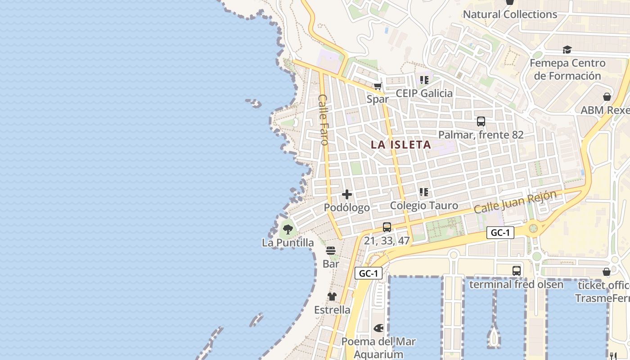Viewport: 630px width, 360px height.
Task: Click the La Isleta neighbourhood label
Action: click(x=400, y=144)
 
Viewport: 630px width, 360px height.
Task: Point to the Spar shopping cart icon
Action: click(x=378, y=86)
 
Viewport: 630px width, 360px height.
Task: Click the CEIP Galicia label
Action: click(x=424, y=93)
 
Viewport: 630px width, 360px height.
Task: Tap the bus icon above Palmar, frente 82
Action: click(x=481, y=121)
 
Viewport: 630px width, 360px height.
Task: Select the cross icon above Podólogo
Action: click(x=347, y=194)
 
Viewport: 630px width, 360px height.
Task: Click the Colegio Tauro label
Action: click(x=424, y=206)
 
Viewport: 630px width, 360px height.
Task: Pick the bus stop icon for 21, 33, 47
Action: click(x=387, y=227)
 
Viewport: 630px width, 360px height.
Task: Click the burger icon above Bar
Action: click(x=331, y=251)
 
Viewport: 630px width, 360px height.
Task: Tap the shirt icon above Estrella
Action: click(x=332, y=296)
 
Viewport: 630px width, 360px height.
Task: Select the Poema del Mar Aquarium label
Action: click(x=378, y=347)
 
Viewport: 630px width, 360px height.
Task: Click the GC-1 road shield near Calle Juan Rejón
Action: click(x=500, y=233)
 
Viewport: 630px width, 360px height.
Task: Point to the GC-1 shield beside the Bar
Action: click(x=369, y=273)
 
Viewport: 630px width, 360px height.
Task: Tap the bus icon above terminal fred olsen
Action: click(x=517, y=271)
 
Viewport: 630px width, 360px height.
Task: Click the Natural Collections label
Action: click(x=510, y=14)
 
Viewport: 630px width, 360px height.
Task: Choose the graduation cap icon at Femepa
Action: click(x=567, y=49)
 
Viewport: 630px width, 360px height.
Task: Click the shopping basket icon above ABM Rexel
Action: click(x=607, y=97)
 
